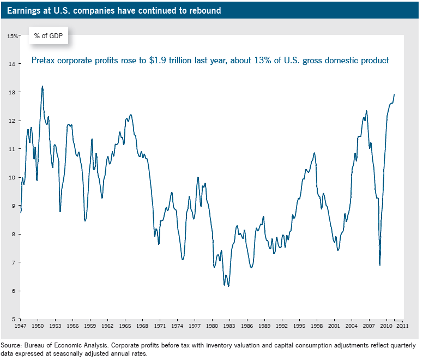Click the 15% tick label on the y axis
coord(13,36)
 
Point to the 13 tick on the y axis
coord(11,92)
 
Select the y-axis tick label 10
coord(11,177)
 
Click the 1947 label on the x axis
coord(20,326)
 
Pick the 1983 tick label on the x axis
coord(229,326)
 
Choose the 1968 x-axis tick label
coord(142,326)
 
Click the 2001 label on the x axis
coord(334,326)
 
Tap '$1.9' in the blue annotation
coord(159,61)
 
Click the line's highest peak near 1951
coord(43,86)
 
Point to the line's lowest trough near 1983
coord(229,286)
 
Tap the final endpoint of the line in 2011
coord(394,94)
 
